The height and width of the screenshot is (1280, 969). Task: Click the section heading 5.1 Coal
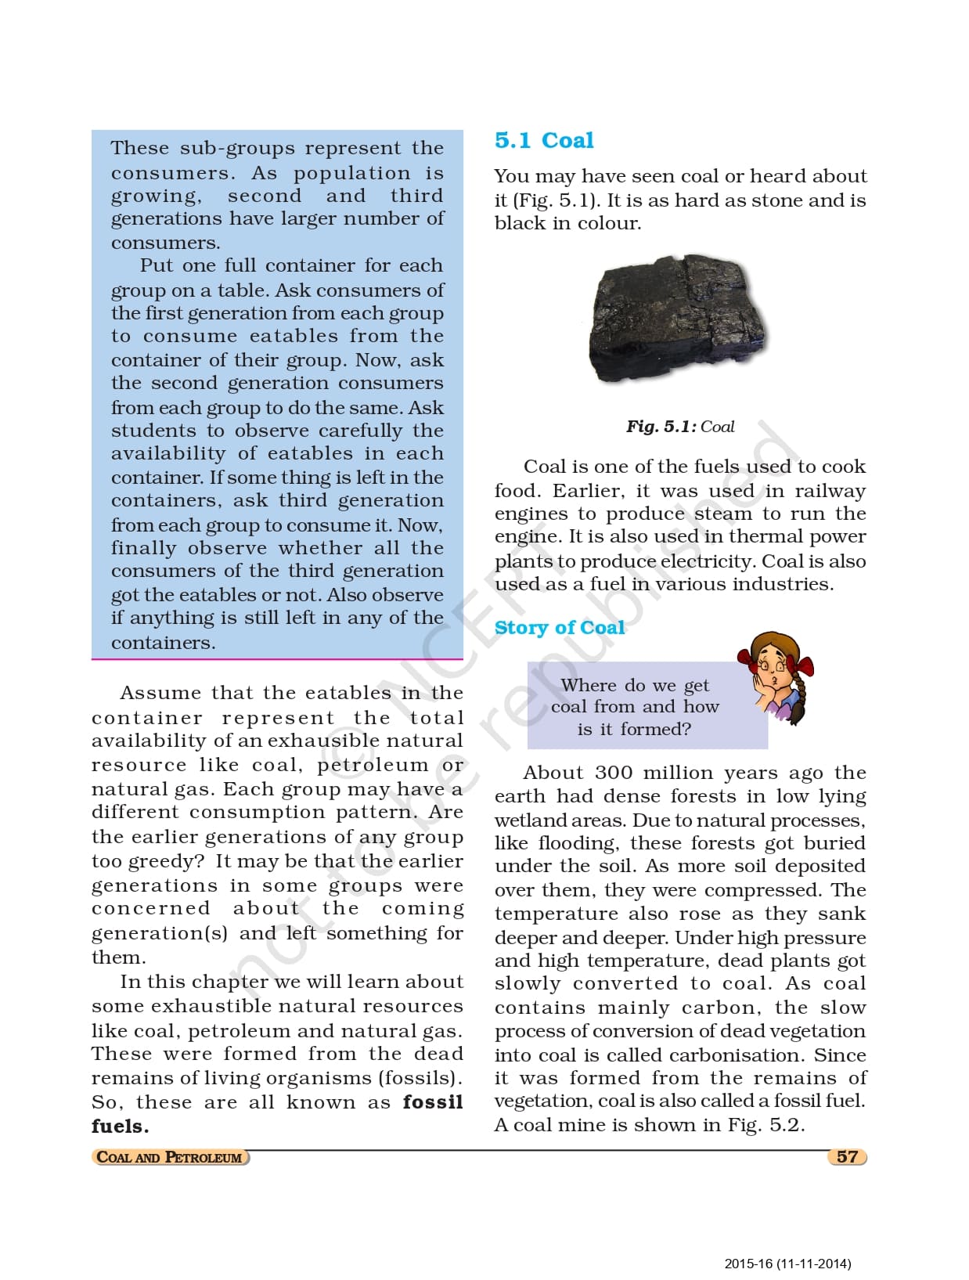544,140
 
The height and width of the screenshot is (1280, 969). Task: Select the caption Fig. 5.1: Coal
679,427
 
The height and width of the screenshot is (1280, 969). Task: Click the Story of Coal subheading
559,627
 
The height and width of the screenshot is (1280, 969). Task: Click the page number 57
847,1156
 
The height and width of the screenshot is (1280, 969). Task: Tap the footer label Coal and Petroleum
169,1157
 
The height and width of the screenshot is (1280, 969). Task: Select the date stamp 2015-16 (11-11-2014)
787,1264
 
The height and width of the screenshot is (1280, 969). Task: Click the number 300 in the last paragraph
614,773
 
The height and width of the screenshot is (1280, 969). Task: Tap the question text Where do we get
635,685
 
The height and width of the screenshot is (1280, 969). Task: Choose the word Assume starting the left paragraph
160,693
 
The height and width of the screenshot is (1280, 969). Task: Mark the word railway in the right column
830,491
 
